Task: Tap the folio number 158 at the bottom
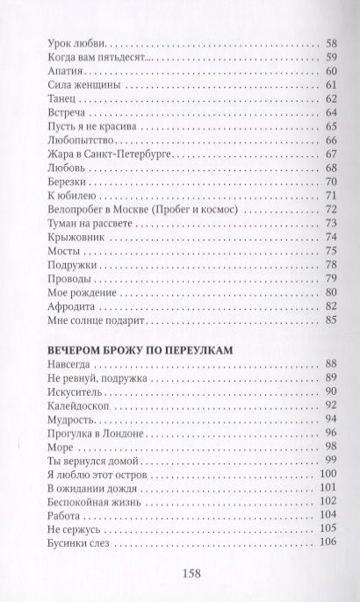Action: (x=179, y=574)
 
